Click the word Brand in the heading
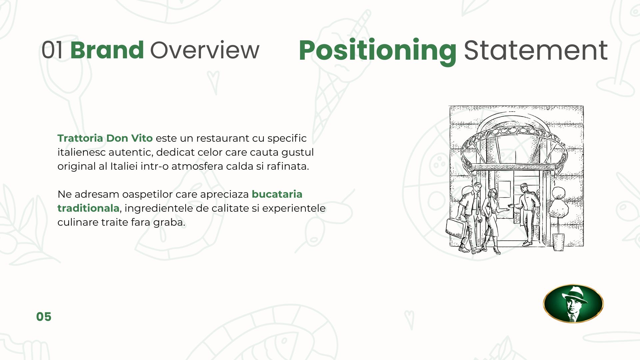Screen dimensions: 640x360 click(107, 50)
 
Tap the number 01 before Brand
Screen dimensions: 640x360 click(52, 50)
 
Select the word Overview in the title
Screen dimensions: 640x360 click(205, 50)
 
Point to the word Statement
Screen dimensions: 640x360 click(536, 50)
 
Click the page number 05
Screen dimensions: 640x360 click(44, 317)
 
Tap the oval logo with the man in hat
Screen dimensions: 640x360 click(573, 304)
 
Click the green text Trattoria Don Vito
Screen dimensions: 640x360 click(105, 138)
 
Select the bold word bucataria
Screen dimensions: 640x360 click(277, 194)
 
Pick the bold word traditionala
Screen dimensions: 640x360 click(88, 208)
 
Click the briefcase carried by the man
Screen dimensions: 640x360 click(456, 228)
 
